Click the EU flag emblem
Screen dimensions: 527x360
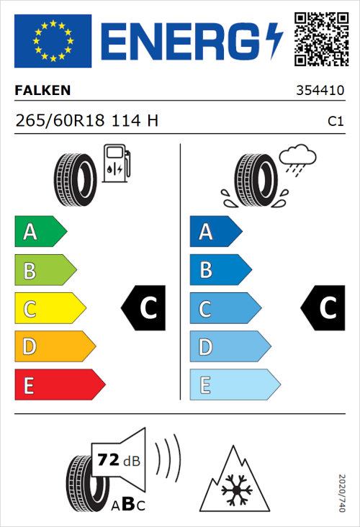(x=53, y=40)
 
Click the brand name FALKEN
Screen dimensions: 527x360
(x=42, y=91)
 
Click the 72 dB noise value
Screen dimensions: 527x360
(x=118, y=459)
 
